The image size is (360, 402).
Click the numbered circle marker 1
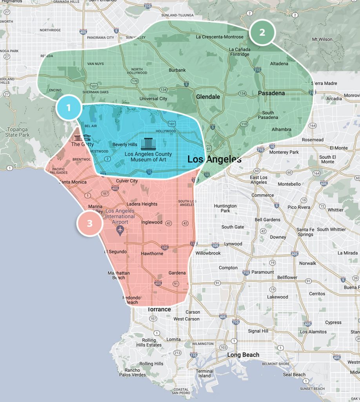pyautogui.click(x=68, y=107)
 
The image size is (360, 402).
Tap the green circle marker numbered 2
pyautogui.click(x=262, y=32)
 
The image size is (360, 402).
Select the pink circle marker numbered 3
pyautogui.click(x=90, y=223)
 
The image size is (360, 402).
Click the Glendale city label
pyautogui.click(x=208, y=97)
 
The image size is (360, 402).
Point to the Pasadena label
pyautogui.click(x=271, y=93)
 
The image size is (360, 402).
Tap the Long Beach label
pyautogui.click(x=243, y=355)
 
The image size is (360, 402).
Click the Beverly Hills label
pyautogui.click(x=125, y=144)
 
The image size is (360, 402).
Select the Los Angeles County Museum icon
pyautogui.click(x=148, y=144)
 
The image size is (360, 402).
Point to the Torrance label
pyautogui.click(x=159, y=309)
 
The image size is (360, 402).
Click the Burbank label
pyautogui.click(x=177, y=70)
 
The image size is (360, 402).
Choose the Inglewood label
pyautogui.click(x=152, y=222)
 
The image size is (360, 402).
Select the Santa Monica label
pyautogui.click(x=73, y=182)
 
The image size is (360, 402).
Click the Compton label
pyautogui.click(x=228, y=268)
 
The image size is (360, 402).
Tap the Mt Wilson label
pyautogui.click(x=322, y=39)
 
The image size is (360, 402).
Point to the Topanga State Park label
pyautogui.click(x=17, y=132)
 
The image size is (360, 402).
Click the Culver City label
pyautogui.click(x=127, y=181)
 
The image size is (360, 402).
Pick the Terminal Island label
pyautogui.click(x=204, y=373)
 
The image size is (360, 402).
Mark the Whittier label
pyautogui.click(x=335, y=210)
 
